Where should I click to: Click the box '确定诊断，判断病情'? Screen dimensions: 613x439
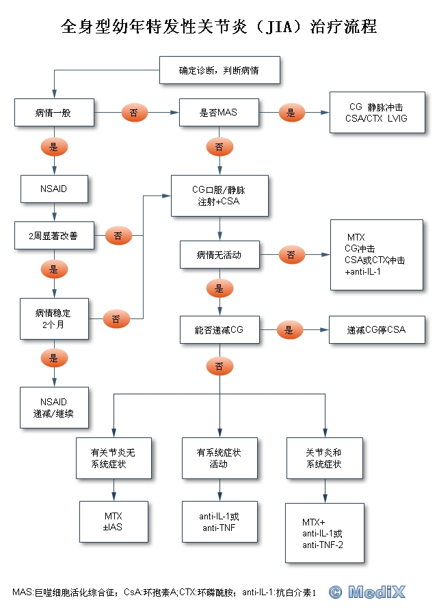(x=219, y=71)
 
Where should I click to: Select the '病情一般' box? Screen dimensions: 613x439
(x=53, y=113)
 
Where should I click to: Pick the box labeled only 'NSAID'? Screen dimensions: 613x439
(x=54, y=189)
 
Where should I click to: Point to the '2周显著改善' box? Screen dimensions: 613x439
(x=53, y=236)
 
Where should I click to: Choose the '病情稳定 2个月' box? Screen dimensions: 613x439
(x=54, y=318)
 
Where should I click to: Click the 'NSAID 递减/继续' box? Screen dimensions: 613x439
(x=54, y=407)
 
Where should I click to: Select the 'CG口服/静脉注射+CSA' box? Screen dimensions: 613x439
(x=219, y=195)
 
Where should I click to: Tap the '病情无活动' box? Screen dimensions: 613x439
(x=219, y=255)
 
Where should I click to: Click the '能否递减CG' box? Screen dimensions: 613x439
(x=219, y=330)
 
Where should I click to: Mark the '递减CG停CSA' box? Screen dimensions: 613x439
(x=376, y=330)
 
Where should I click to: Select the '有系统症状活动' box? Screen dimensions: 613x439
(x=219, y=459)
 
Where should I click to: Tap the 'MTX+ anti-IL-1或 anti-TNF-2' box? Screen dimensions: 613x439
(x=323, y=533)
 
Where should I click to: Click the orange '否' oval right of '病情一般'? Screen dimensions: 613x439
(x=133, y=113)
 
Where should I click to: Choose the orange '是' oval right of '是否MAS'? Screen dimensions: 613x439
(x=291, y=113)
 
